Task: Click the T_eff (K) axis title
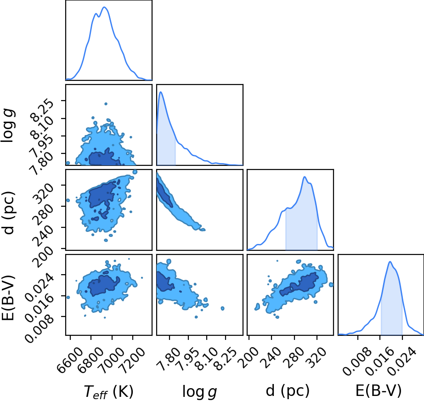109,392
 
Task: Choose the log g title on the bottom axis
200,392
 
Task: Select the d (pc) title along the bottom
288,391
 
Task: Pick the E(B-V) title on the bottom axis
379,391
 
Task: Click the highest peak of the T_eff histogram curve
104,7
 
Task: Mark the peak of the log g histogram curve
161,92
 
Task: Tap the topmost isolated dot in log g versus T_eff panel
106,104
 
